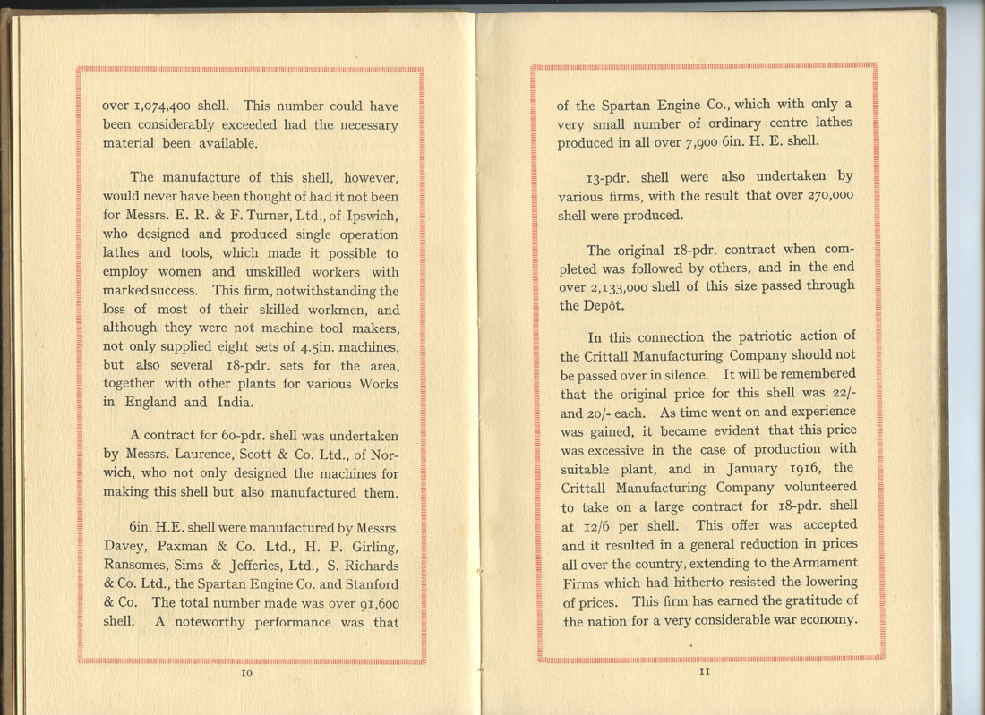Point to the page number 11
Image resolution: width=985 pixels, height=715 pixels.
pos(705,673)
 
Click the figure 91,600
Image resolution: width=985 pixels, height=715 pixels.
pos(370,603)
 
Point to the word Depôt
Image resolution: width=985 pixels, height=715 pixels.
pos(582,306)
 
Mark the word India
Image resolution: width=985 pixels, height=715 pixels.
pos(231,402)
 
